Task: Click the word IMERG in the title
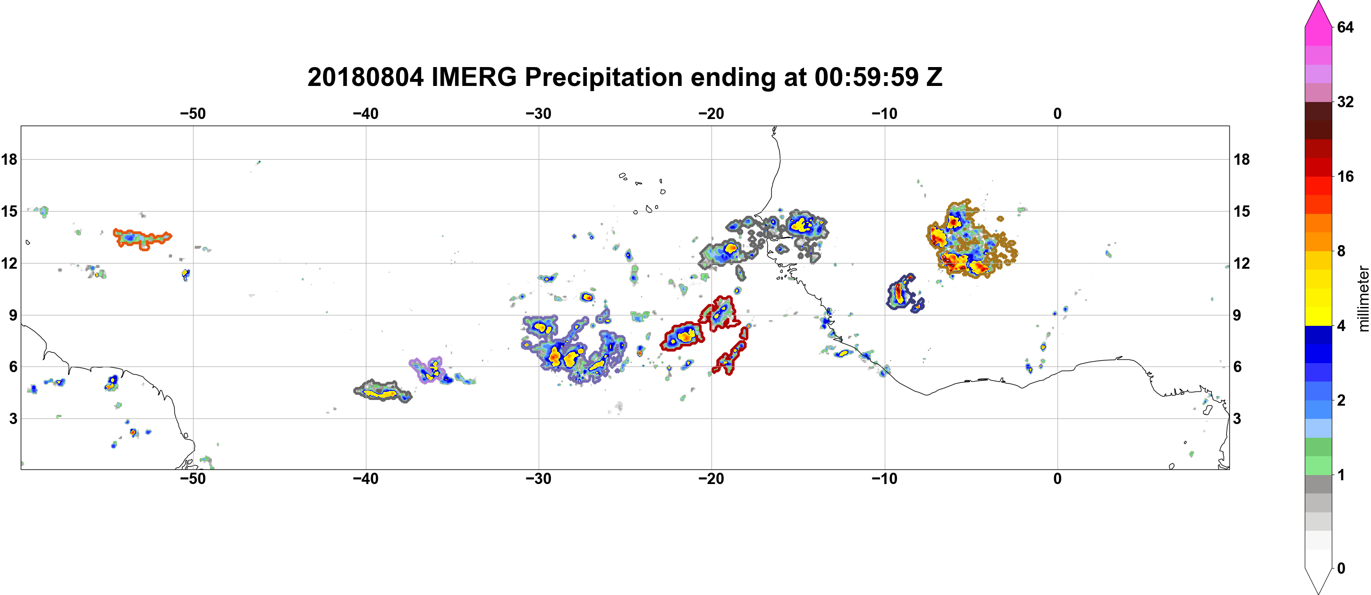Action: pyautogui.click(x=474, y=77)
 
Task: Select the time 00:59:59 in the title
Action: pyautogui.click(x=866, y=77)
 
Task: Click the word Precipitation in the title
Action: pyautogui.click(x=603, y=77)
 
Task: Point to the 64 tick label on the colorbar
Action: pyautogui.click(x=1345, y=27)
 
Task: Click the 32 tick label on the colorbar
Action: pyautogui.click(x=1345, y=102)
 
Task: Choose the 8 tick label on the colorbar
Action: pyautogui.click(x=1341, y=251)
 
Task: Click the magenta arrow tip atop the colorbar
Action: pyautogui.click(x=1318, y=2)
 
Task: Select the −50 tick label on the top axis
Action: pyautogui.click(x=193, y=114)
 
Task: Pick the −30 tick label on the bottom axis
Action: pyautogui.click(x=539, y=479)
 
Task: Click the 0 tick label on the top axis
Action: pyautogui.click(x=1058, y=114)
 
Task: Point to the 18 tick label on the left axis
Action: pyautogui.click(x=9, y=159)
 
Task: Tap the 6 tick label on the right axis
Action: pyautogui.click(x=1238, y=367)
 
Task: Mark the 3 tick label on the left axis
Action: pyautogui.click(x=13, y=419)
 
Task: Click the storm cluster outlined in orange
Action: pyautogui.click(x=142, y=239)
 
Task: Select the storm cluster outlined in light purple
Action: pyautogui.click(x=427, y=369)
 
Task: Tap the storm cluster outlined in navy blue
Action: pyautogui.click(x=904, y=293)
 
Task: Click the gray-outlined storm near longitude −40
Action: pyautogui.click(x=382, y=392)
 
